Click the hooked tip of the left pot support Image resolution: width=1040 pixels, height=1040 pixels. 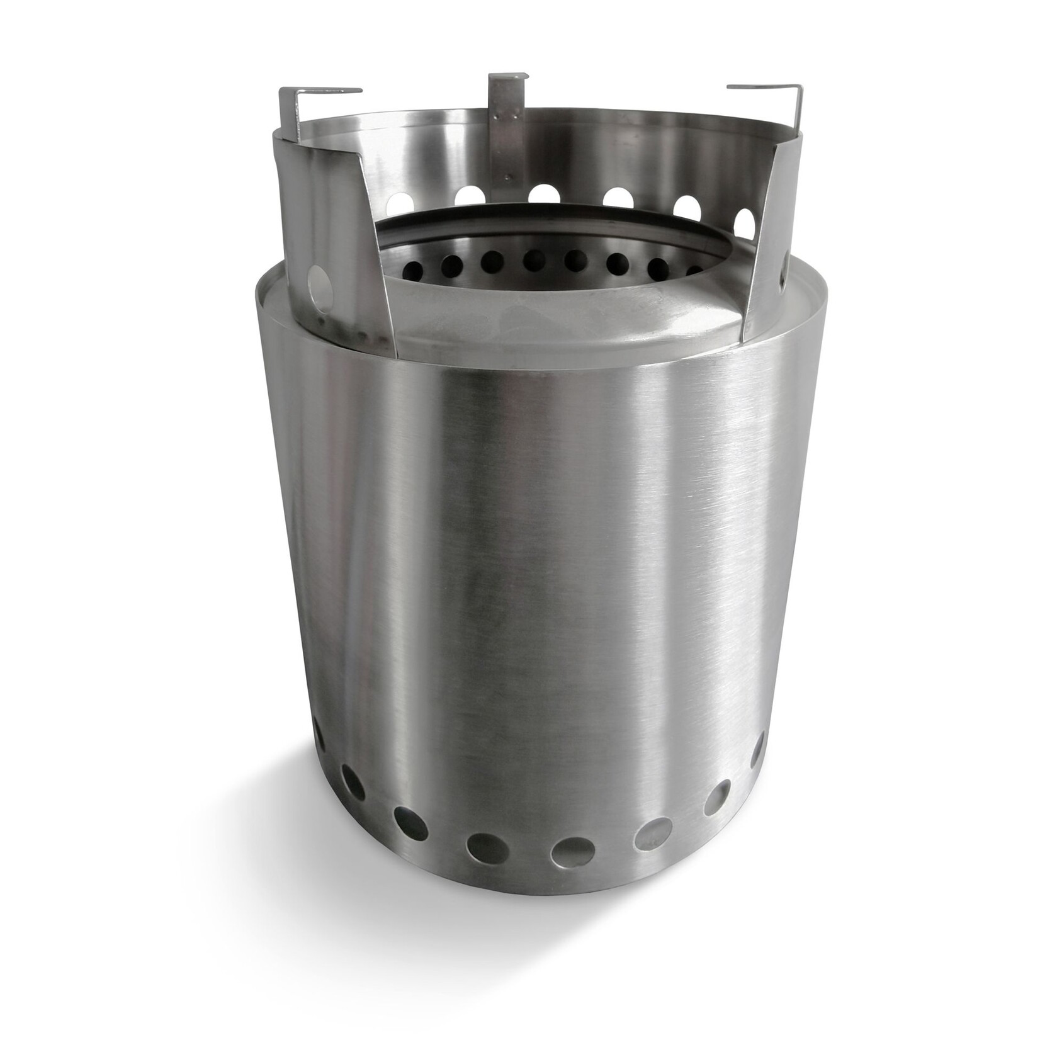pyautogui.click(x=353, y=90)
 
